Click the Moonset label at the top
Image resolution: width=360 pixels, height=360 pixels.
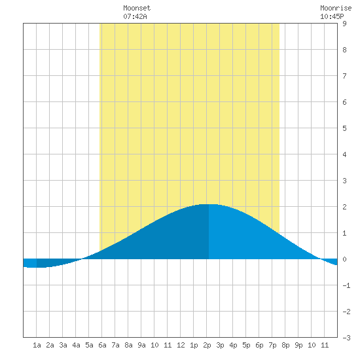point(137,8)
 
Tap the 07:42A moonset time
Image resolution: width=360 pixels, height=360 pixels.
point(135,16)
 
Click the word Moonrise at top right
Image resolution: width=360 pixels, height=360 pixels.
point(336,8)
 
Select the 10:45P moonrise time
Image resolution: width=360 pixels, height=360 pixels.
point(332,16)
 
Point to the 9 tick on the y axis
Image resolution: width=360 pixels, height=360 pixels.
point(344,24)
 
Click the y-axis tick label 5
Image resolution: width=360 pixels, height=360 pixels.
point(344,128)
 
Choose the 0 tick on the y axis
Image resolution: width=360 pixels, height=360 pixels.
point(344,259)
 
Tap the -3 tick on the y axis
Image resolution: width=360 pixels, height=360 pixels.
point(346,338)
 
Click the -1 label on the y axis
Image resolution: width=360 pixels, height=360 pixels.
point(346,285)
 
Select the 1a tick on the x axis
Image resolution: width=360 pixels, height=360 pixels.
point(37,345)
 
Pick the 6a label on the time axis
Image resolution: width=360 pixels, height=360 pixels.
point(102,345)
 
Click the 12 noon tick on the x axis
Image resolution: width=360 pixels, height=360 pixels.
point(181,345)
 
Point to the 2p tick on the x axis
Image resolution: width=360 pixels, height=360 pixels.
point(207,345)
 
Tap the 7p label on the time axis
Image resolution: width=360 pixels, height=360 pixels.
point(272,345)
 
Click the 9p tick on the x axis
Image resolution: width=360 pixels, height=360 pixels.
point(298,345)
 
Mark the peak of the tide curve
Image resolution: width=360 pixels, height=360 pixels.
point(208,204)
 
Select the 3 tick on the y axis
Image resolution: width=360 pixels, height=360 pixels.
point(344,181)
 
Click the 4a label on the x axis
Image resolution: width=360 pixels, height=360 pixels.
point(76,345)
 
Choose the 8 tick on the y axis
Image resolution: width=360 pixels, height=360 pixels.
point(344,50)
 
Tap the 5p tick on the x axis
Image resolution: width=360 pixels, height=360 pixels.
point(246,345)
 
